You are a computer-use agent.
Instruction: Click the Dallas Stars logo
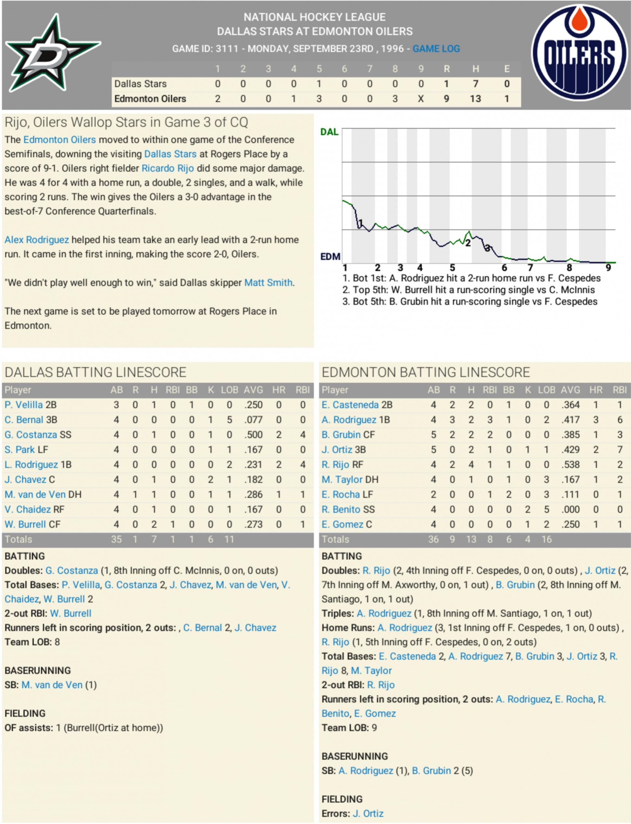pyautogui.click(x=53, y=54)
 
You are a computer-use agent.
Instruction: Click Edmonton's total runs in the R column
pyautogui.click(x=446, y=99)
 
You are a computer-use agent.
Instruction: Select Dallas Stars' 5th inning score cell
pyautogui.click(x=319, y=84)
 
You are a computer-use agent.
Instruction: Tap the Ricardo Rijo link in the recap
pyautogui.click(x=167, y=168)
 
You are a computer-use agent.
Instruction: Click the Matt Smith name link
pyautogui.click(x=268, y=282)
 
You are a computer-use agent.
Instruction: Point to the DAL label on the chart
pyautogui.click(x=329, y=132)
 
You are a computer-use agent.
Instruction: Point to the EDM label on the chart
pyautogui.click(x=330, y=256)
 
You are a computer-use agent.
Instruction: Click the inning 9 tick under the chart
pyautogui.click(x=608, y=268)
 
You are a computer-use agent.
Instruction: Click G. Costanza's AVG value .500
pyautogui.click(x=253, y=435)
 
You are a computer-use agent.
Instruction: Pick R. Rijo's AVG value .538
pyautogui.click(x=570, y=464)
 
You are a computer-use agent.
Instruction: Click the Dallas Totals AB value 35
pyautogui.click(x=116, y=539)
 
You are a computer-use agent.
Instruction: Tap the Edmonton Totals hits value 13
pyautogui.click(x=471, y=539)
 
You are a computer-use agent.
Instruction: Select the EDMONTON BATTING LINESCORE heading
pyautogui.click(x=426, y=372)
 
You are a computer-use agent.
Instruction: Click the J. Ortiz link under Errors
pyautogui.click(x=368, y=814)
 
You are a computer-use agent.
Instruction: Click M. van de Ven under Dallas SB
pyautogui.click(x=52, y=685)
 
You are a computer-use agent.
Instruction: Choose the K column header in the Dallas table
pyautogui.click(x=211, y=390)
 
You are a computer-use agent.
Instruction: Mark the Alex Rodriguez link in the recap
pyautogui.click(x=37, y=240)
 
